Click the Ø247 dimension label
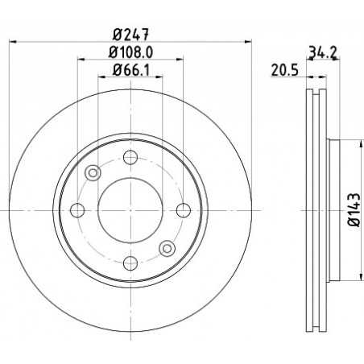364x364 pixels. (130, 35)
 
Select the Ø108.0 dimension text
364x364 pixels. (130, 52)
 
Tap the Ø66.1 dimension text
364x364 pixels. (130, 70)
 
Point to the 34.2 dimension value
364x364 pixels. (323, 52)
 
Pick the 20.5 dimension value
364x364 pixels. (285, 70)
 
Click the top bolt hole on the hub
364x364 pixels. (130, 157)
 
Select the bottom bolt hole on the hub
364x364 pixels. (130, 263)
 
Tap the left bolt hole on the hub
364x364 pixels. (77, 210)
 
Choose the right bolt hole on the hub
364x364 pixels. (184, 210)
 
